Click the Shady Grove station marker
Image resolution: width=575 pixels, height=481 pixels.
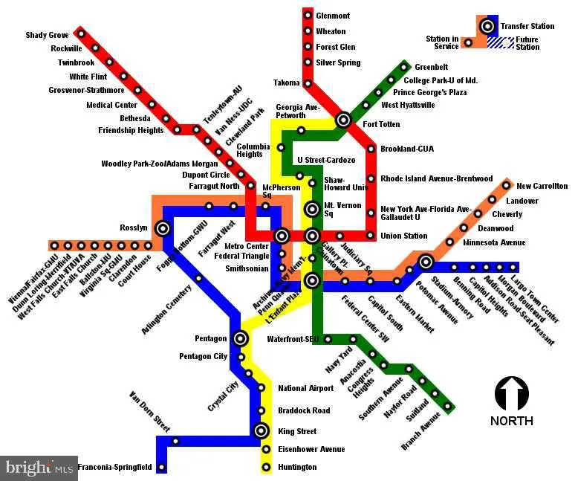tap(81, 34)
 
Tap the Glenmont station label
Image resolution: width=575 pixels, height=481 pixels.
tap(333, 16)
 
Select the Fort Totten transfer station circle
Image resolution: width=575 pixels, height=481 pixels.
tap(343, 119)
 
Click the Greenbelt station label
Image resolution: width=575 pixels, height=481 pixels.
tap(431, 67)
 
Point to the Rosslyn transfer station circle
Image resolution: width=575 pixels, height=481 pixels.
tap(162, 228)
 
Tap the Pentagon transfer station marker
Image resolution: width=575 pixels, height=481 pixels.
tap(240, 339)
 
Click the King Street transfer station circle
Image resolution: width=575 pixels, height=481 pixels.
tap(261, 430)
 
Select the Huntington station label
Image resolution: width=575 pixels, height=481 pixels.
tap(297, 468)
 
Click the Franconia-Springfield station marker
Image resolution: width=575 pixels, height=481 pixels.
tap(162, 467)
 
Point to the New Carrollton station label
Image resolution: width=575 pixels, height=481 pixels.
tap(542, 186)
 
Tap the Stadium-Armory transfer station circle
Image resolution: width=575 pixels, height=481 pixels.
tap(425, 262)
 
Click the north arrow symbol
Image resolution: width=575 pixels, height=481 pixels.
tap(511, 394)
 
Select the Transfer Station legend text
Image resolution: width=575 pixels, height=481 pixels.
tap(527, 26)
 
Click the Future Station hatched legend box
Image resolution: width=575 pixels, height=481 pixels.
tap(505, 43)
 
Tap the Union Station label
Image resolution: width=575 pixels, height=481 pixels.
tap(403, 236)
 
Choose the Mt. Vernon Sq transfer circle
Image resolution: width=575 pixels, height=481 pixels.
tap(312, 210)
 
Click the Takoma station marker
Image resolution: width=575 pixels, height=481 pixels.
tap(308, 83)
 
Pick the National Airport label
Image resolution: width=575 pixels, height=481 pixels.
tap(306, 388)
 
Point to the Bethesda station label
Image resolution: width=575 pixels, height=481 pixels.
tap(135, 118)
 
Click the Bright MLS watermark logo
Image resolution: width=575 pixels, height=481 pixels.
tap(39, 468)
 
